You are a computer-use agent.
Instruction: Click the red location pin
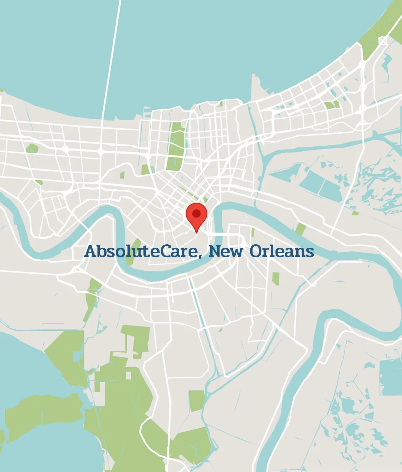coord(196,215)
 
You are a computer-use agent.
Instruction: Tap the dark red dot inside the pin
coord(196,213)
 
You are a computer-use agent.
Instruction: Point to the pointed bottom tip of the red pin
coord(197,232)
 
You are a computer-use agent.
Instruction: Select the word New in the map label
coord(226,251)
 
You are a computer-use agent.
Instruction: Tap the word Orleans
coord(282,251)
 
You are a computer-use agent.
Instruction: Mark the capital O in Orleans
coord(256,251)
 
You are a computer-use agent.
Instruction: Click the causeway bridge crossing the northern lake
coord(111,59)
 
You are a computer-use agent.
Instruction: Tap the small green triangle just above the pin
coord(205,200)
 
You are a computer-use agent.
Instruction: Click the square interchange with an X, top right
coord(383,40)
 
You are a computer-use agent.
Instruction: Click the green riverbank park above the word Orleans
coord(300,229)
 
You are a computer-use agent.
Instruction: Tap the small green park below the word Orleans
coord(276,278)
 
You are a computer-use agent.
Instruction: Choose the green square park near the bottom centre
coord(197,400)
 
